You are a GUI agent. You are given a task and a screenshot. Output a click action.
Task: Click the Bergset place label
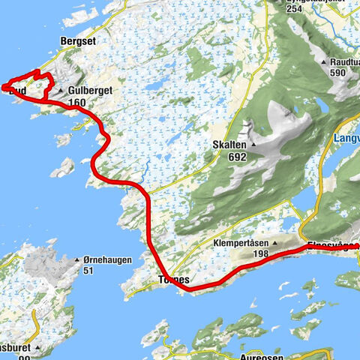[x=78, y=42]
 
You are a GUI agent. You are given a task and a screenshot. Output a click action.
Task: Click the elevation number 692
[x=228, y=157]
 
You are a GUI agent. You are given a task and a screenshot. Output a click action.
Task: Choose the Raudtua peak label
[x=344, y=62]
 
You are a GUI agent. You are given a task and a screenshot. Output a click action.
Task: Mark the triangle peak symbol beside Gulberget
[x=61, y=90]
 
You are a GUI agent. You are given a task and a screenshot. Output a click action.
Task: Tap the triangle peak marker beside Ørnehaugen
[x=77, y=261]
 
